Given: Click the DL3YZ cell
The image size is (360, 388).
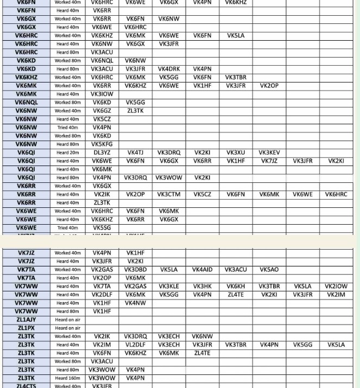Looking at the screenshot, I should click(102, 152).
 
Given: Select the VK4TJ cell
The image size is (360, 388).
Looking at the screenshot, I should click(135, 152).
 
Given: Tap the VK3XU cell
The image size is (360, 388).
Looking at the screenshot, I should click(236, 152).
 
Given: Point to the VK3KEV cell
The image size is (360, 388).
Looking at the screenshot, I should click(269, 152).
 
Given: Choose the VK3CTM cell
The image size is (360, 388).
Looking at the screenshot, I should click(169, 194).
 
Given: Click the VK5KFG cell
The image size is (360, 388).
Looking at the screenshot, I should click(102, 144).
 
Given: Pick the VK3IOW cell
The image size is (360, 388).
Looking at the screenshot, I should click(102, 94).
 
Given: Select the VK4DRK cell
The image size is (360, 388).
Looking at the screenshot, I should click(169, 69).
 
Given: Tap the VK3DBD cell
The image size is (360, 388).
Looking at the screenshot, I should click(135, 270).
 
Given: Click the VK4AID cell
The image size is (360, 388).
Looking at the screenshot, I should click(202, 270).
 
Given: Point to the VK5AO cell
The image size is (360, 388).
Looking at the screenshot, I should click(269, 270).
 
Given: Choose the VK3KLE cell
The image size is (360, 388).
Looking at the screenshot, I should click(169, 287).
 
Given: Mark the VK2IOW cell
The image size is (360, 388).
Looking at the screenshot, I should click(336, 287).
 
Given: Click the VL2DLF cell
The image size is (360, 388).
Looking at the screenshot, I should click(135, 345).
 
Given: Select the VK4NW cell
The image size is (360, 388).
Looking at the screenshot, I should click(135, 303).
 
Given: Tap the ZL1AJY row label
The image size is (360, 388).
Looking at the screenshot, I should click(26, 320).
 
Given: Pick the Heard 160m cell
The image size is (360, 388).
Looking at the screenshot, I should click(68, 378).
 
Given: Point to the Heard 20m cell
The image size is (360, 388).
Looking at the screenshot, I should click(68, 152).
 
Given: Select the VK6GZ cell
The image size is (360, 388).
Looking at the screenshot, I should click(102, 111).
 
